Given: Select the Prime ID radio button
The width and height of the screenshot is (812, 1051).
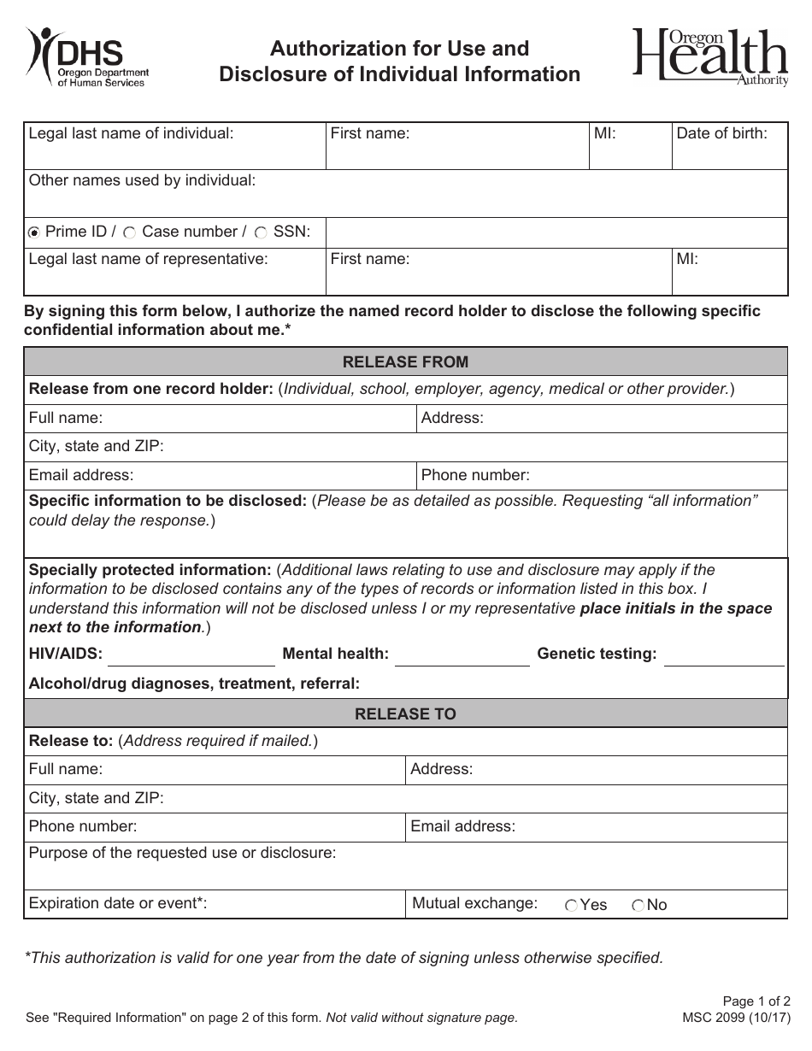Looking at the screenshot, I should pyautogui.click(x=34, y=232).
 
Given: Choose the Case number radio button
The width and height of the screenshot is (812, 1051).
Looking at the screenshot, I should pyautogui.click(x=130, y=232).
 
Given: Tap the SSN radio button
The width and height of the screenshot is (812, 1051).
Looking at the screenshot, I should pyautogui.click(x=261, y=232).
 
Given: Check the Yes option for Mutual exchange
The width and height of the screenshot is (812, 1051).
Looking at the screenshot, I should pyautogui.click(x=571, y=906).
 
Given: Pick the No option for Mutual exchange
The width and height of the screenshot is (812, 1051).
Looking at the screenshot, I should pyautogui.click(x=638, y=906).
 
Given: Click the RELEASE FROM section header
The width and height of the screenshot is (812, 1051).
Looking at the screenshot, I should pyautogui.click(x=405, y=361).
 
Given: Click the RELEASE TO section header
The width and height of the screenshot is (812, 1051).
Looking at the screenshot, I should pyautogui.click(x=405, y=713).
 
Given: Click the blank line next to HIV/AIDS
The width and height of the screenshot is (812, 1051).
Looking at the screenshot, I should pyautogui.click(x=191, y=656).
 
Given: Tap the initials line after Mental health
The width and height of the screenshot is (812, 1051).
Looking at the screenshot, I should pyautogui.click(x=462, y=656).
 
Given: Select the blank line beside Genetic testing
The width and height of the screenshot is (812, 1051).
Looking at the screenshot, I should pyautogui.click(x=723, y=656).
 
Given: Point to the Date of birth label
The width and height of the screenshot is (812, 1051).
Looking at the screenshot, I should pyautogui.click(x=721, y=133).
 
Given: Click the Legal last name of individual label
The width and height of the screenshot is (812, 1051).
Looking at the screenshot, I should pyautogui.click(x=131, y=133).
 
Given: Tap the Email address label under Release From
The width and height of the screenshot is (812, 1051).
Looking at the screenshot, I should pyautogui.click(x=81, y=475).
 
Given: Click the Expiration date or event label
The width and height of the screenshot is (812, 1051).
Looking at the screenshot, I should pyautogui.click(x=118, y=903).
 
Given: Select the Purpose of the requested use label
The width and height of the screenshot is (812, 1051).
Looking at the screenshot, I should pyautogui.click(x=182, y=853).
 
